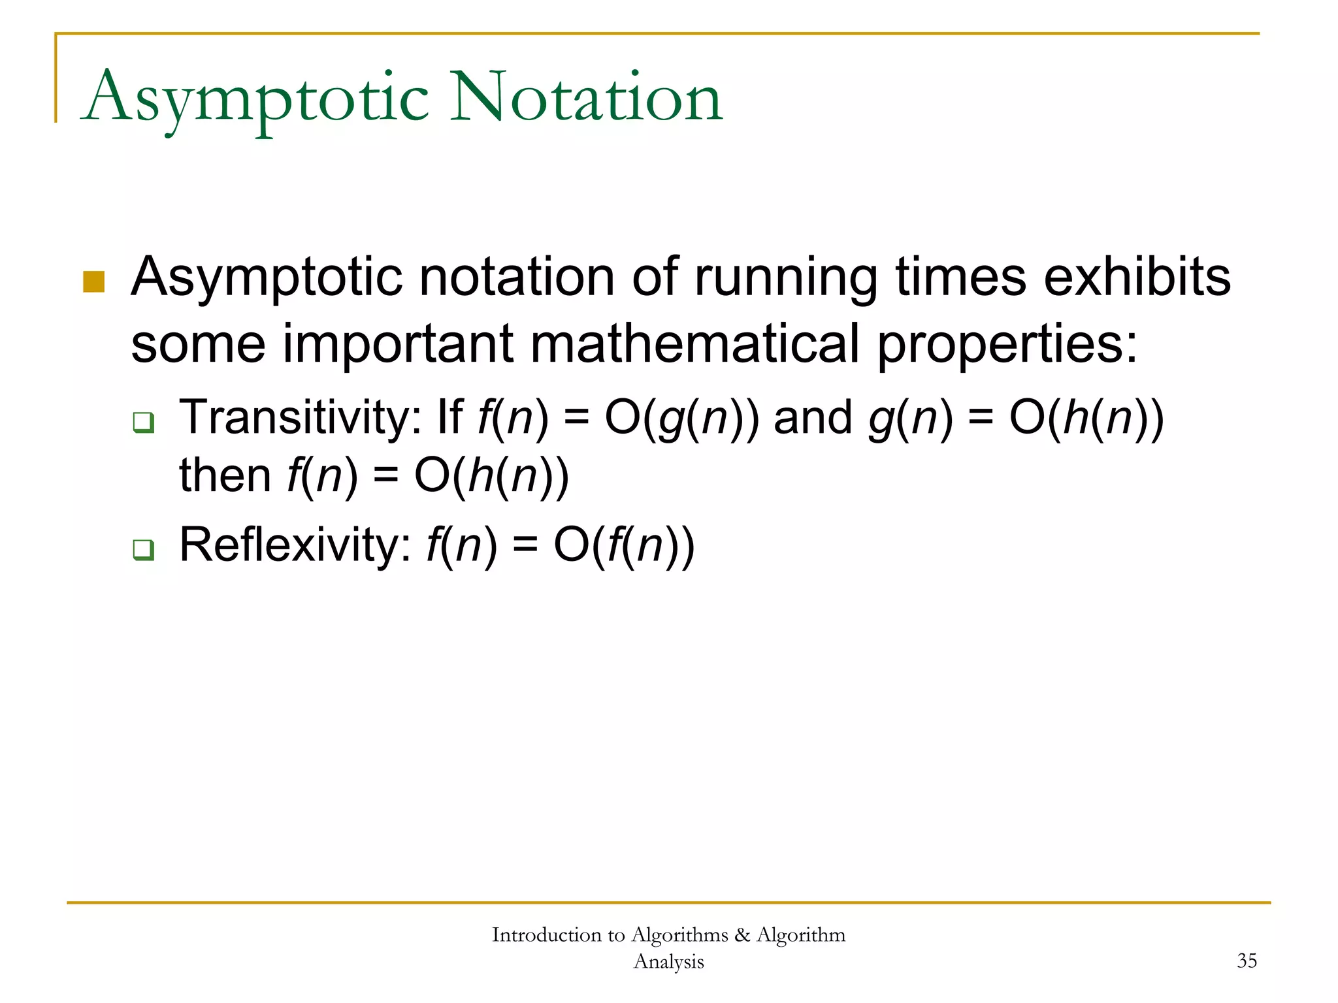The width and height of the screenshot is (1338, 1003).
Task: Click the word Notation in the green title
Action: click(586, 98)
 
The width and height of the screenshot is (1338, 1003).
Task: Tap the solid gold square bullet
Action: click(94, 282)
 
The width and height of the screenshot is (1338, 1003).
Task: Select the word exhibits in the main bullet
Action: click(1137, 277)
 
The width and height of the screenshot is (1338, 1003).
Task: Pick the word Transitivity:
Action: click(301, 418)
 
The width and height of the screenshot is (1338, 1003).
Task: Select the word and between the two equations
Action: click(813, 418)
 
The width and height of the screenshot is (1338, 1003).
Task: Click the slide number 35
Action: click(1247, 961)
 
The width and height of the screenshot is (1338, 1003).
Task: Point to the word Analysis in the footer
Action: click(668, 962)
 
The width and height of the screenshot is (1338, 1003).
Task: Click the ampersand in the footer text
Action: click(742, 935)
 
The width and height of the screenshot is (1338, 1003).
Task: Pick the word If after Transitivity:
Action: click(450, 418)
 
